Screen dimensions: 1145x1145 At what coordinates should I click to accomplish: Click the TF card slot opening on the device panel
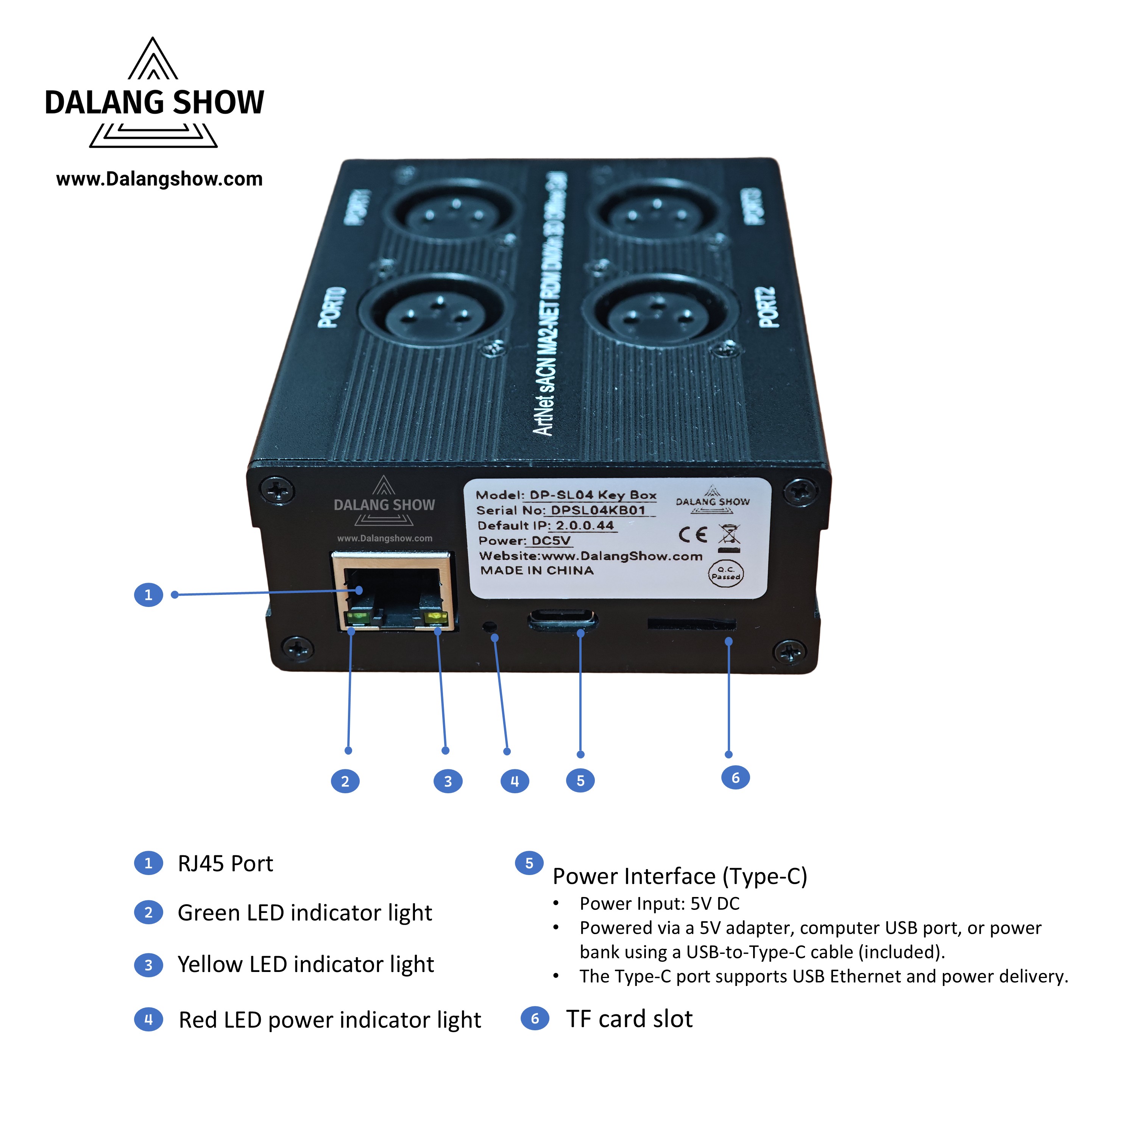tap(691, 624)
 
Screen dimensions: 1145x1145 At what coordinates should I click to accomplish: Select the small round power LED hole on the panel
tap(490, 626)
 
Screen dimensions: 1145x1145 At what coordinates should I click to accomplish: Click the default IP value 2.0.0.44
tap(584, 526)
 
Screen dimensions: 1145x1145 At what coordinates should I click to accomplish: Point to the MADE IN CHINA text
tap(537, 571)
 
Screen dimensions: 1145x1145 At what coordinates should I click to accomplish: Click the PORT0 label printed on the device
tap(332, 307)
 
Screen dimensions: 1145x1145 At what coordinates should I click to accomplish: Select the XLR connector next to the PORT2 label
tap(660, 315)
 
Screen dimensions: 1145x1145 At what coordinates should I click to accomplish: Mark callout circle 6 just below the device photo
tap(735, 778)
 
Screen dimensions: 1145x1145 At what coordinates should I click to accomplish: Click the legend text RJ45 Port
tap(225, 864)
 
